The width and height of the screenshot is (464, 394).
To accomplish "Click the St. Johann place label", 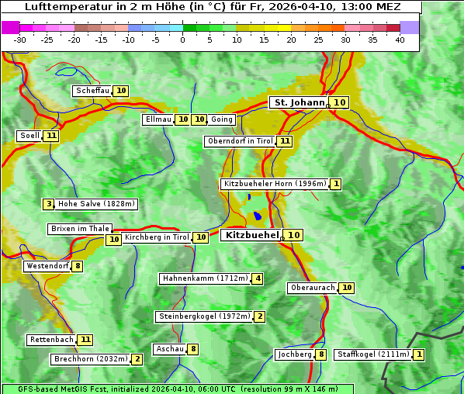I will (298, 102).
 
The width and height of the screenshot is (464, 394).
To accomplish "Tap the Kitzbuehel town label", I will (251, 235).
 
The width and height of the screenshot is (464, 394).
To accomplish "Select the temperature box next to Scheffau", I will (121, 91).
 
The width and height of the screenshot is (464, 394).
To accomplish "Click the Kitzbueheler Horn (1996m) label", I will (275, 184).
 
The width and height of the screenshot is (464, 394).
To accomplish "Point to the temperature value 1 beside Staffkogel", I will (419, 354).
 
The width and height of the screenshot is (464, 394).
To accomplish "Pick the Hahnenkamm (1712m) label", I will (205, 278).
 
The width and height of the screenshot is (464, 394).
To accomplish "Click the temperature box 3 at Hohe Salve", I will (49, 204).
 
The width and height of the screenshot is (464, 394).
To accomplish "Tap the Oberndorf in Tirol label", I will (241, 141).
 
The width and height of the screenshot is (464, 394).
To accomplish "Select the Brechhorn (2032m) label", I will (90, 359).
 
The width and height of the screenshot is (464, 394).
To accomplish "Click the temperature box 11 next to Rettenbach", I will (85, 340).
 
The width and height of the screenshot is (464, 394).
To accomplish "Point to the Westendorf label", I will (47, 266).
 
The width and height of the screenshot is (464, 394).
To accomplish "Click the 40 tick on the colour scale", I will (400, 40).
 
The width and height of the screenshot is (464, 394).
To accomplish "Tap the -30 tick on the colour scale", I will (20, 40).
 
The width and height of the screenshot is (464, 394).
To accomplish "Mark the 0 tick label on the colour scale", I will (183, 40).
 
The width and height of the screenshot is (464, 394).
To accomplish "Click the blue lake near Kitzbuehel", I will (257, 216).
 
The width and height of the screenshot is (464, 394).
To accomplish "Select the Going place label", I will (222, 119).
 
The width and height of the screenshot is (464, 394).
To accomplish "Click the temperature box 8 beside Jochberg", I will (321, 354).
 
